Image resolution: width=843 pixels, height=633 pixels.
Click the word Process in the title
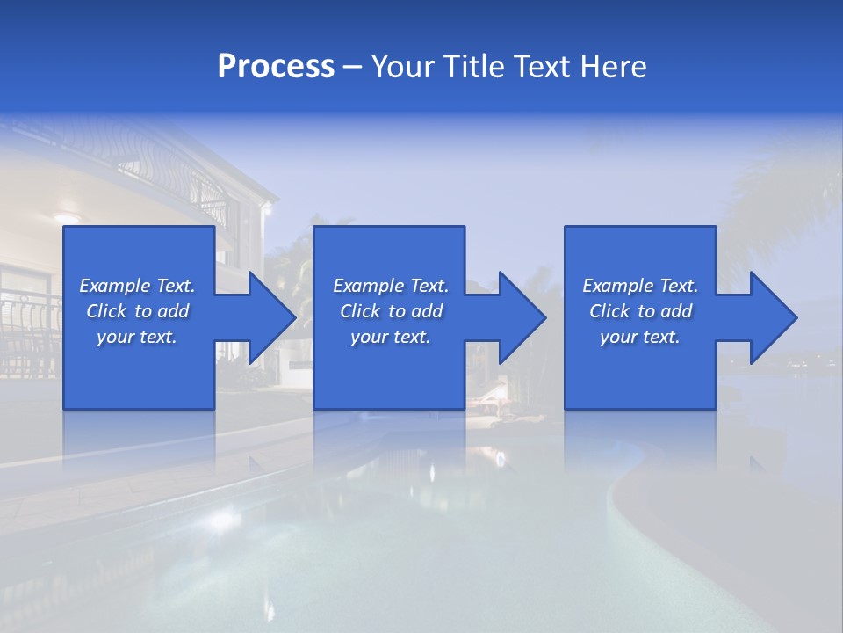276,67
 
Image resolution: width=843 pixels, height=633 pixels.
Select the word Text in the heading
543,67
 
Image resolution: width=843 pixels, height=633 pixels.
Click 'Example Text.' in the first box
137,286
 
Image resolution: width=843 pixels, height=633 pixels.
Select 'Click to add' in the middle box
391,311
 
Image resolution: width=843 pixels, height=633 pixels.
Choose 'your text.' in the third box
640,337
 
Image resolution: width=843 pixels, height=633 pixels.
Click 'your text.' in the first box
137,337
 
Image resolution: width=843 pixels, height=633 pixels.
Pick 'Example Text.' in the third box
640,286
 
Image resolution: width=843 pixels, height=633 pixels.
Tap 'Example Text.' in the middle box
391,286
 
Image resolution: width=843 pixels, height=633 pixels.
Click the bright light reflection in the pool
220,519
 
